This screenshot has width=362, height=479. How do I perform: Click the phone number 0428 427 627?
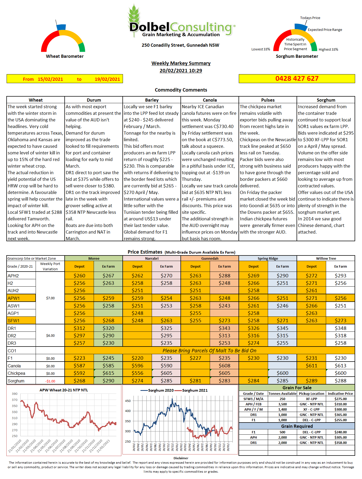tap(297, 79)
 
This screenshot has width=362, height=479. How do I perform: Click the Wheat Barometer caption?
tap(65, 56)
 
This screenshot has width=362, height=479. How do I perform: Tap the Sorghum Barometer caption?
tap(297, 56)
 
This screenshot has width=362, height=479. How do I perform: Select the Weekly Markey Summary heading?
tap(181, 63)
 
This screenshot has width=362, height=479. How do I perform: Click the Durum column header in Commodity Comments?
tap(94, 100)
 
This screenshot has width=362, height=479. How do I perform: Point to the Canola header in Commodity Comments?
tap(210, 100)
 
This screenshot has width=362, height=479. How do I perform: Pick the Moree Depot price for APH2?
tap(79, 276)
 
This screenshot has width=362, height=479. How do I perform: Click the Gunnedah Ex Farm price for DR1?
tap(224, 328)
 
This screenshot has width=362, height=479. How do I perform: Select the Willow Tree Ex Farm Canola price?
tap(340, 366)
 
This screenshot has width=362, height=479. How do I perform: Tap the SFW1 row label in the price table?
tap(14, 321)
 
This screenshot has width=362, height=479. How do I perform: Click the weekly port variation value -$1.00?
tap(50, 381)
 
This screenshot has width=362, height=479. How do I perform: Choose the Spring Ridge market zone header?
tap(268, 258)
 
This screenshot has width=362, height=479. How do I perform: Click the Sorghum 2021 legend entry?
tap(194, 390)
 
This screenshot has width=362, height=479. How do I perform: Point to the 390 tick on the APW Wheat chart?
tap(15, 394)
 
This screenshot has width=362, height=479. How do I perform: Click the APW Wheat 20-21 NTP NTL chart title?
tap(64, 390)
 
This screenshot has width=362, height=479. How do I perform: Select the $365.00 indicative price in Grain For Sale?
tap(340, 415)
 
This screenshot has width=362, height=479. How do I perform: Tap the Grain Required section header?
tap(297, 426)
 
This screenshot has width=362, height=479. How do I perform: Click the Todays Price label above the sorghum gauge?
tap(310, 18)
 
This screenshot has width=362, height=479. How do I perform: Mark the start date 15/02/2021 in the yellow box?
tap(50, 79)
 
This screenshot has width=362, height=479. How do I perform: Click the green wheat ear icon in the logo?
tap(134, 15)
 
